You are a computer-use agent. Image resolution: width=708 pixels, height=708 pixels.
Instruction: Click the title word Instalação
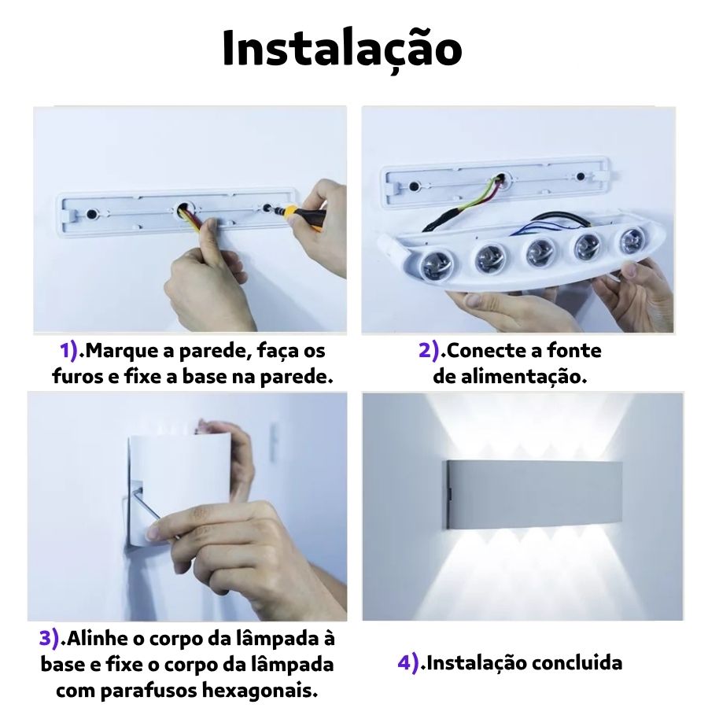point(342,49)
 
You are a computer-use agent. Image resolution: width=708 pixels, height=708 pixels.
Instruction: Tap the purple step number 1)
point(69,351)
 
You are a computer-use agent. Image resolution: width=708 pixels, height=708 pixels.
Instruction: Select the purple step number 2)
point(430,351)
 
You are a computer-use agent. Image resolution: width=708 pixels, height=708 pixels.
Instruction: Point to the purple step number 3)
point(50,639)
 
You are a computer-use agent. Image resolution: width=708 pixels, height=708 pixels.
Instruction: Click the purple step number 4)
point(408,663)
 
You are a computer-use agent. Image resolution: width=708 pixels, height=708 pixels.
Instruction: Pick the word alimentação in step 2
point(523,377)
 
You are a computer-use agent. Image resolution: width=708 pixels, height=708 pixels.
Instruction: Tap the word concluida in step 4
point(577,663)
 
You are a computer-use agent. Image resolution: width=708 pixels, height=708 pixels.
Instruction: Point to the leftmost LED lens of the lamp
point(436,266)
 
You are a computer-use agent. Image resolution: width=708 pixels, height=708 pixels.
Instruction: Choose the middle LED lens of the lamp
point(540,252)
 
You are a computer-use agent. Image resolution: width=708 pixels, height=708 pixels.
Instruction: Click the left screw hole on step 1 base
point(92,213)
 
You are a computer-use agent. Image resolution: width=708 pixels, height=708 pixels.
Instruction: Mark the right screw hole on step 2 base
point(581,176)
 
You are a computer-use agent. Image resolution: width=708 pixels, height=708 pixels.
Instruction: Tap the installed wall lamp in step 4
point(534,495)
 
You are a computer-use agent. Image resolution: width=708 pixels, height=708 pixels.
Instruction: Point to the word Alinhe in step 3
point(97,639)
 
